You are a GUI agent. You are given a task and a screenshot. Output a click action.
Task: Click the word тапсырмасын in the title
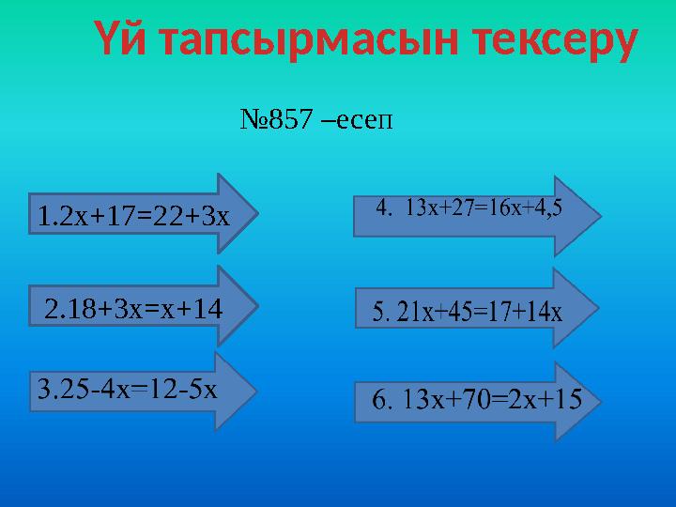tap(310, 40)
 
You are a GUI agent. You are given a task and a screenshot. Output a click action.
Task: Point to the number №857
tap(276, 118)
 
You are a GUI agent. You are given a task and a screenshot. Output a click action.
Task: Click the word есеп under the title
tap(364, 120)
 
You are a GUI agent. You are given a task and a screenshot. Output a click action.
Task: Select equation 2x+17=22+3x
tap(145, 216)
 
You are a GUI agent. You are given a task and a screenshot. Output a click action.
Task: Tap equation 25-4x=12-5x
tap(137, 389)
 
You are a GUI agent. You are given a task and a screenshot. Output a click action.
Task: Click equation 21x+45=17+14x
tap(480, 312)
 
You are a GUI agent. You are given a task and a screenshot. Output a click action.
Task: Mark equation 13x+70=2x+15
tap(491, 399)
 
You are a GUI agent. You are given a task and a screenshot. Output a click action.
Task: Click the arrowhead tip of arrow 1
tap(258, 213)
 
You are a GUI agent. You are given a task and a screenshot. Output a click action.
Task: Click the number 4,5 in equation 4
tap(548, 208)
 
